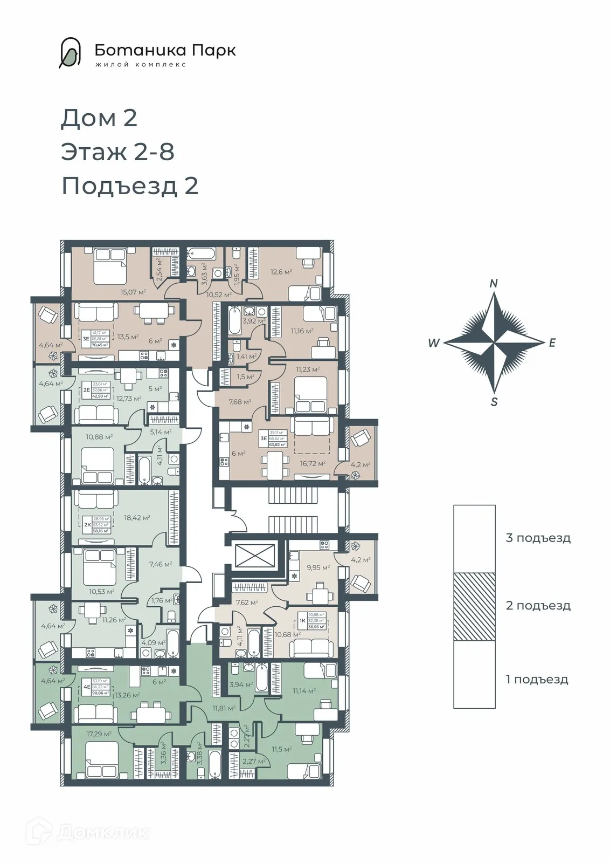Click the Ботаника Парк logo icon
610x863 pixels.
(71, 53)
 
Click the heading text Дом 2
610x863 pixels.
(99, 118)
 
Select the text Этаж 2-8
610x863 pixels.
(118, 152)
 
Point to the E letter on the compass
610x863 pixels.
(552, 343)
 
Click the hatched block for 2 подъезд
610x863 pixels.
(474, 606)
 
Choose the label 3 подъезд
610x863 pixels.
(538, 538)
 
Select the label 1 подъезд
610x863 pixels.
(537, 679)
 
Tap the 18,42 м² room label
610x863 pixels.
(137, 518)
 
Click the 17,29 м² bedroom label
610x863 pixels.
(99, 734)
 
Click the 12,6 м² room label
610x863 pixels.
(281, 272)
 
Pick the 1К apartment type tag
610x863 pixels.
(302, 620)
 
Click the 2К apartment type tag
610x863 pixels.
(87, 524)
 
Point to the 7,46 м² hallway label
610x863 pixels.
(160, 564)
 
